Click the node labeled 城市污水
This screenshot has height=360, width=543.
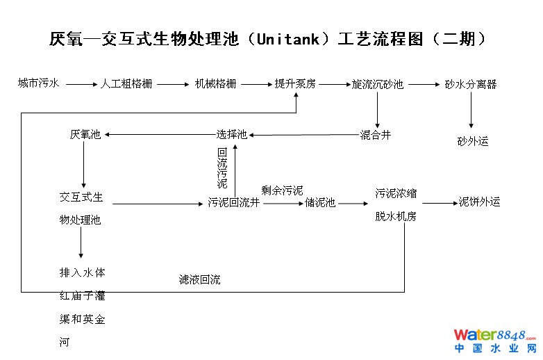[x=39, y=83]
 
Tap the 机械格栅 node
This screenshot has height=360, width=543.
[x=215, y=84]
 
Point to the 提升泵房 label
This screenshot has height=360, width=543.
[x=295, y=84]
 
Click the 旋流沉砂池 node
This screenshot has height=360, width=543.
[x=378, y=85]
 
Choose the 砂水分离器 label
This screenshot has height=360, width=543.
[x=471, y=85]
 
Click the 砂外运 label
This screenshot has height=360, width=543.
[x=473, y=141]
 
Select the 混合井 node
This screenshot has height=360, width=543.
[x=376, y=135]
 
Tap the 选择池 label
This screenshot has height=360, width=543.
[x=231, y=135]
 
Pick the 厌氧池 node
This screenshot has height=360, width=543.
[x=85, y=135]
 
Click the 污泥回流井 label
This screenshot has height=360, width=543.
[x=234, y=203]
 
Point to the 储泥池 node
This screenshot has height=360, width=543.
[x=320, y=203]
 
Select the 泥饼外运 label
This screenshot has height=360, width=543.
[x=479, y=202]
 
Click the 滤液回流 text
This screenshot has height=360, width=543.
[x=199, y=280]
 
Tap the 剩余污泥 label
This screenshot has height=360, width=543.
[x=282, y=190]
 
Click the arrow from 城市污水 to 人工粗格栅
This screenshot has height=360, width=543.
[x=81, y=84]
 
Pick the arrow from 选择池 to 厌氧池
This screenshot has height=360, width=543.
[x=159, y=135]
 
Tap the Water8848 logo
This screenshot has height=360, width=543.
[x=494, y=341]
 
